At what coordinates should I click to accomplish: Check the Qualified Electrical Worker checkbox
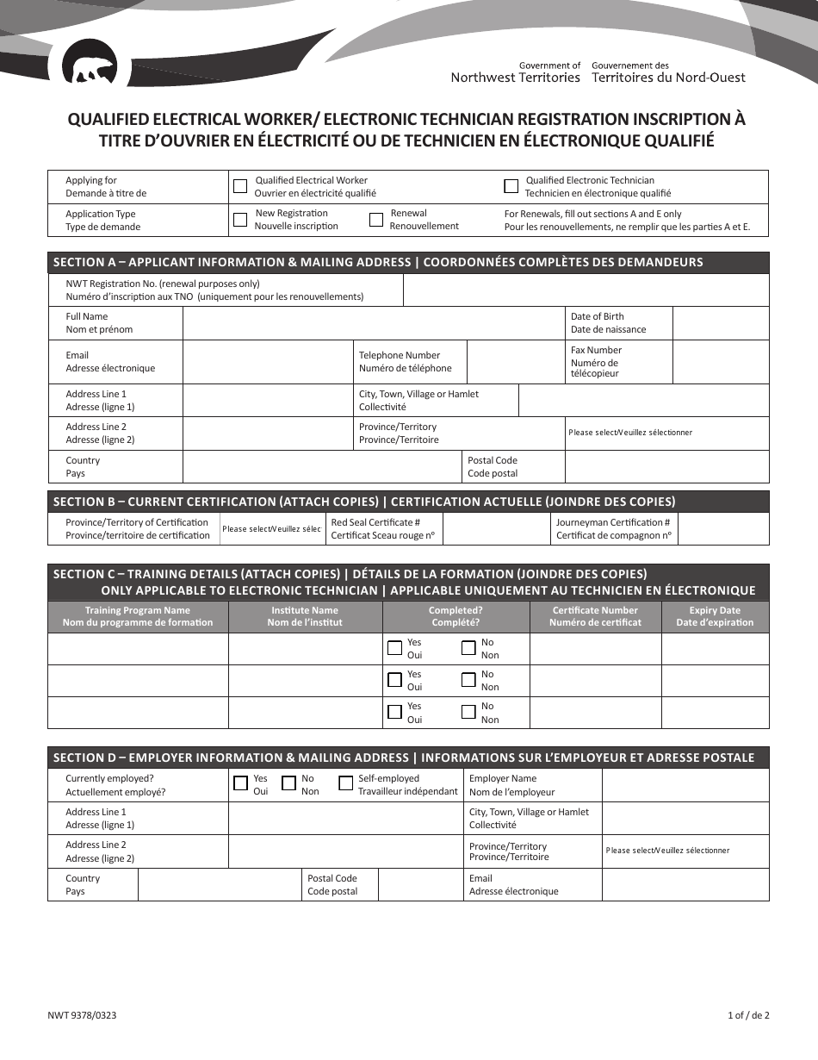240,186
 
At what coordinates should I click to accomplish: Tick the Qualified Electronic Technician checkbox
511,186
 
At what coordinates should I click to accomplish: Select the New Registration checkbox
240,220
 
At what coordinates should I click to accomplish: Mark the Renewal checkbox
376,220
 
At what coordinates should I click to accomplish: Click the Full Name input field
374,323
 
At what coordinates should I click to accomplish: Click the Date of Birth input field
720,323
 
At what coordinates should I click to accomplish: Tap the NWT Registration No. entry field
586,290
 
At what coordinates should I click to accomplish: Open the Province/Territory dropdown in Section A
666,433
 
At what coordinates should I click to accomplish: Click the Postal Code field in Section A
666,467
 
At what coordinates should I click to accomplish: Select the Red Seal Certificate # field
496,529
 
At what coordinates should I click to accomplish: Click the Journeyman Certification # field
723,529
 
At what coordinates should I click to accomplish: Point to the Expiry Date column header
715,616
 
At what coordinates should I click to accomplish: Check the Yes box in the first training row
395,648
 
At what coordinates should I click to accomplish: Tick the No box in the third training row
468,712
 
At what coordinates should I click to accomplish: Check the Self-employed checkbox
345,784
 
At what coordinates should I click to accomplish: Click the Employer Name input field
685,785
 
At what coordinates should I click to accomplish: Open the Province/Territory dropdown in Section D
685,851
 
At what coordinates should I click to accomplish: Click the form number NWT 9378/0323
83,1015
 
